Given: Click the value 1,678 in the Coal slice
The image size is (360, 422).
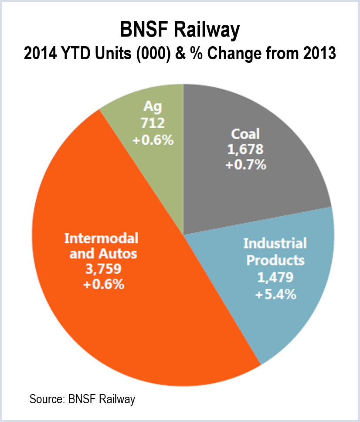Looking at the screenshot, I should click(246, 150).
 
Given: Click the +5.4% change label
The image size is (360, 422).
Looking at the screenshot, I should click(276, 294).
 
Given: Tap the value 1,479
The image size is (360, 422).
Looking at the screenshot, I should click(275, 277).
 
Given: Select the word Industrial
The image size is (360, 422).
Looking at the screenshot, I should click(275, 243).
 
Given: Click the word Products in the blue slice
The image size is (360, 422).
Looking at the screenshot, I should click(275, 260).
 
